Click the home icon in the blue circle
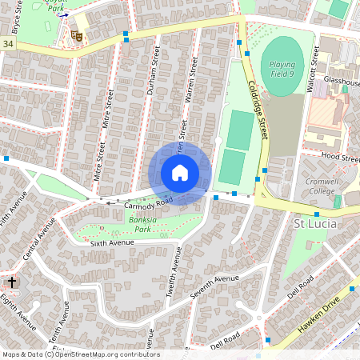tap(180, 173)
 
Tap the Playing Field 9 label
tap(282, 69)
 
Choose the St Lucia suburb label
tap(316, 223)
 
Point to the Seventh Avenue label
tap(214, 287)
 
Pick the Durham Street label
tap(150, 77)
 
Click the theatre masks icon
tap(77, 35)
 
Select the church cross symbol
tap(12, 282)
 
